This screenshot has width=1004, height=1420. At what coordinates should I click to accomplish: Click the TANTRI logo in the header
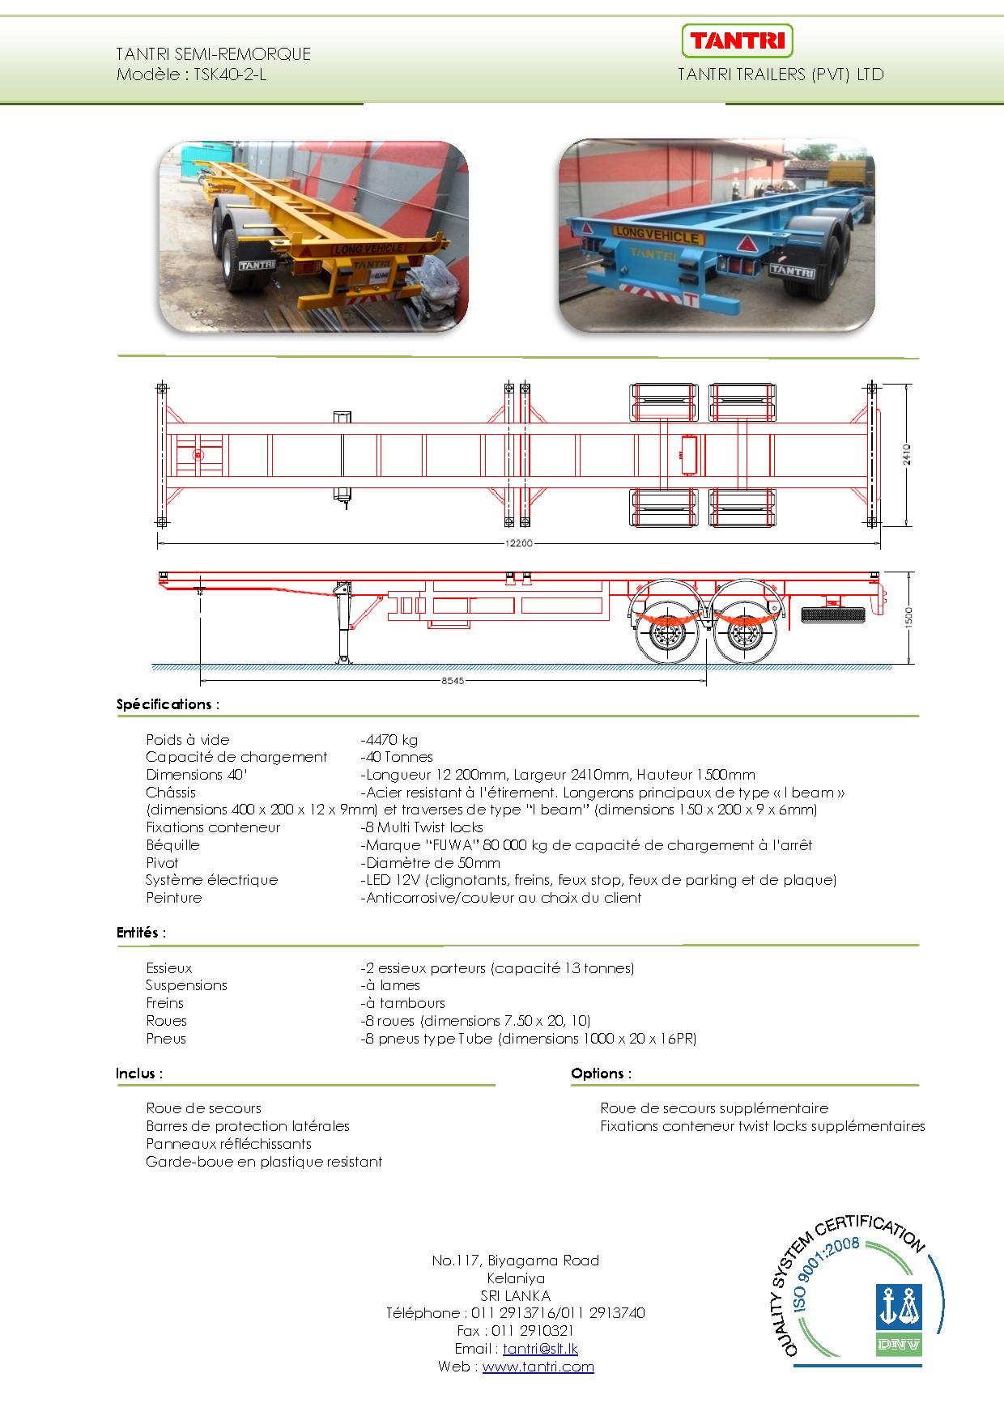tap(737, 40)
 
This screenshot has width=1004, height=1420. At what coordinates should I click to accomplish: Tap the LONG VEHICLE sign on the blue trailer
tap(656, 236)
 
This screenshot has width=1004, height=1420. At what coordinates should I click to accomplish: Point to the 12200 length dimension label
tap(518, 544)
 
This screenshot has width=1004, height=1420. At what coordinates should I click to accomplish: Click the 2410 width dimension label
tap(908, 454)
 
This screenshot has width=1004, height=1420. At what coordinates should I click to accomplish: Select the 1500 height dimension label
tap(908, 617)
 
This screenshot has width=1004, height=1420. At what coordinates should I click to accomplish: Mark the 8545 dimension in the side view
tap(453, 681)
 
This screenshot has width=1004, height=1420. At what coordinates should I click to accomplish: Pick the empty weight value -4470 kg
tap(390, 740)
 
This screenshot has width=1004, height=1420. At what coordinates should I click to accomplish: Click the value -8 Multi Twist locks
tap(422, 827)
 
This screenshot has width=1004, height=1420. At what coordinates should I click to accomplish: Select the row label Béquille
tap(172, 845)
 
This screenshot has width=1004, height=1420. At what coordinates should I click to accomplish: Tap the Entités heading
tap(141, 933)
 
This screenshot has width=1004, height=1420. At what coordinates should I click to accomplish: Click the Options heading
tap(601, 1074)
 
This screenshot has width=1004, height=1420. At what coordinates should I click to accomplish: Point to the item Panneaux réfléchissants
tap(228, 1144)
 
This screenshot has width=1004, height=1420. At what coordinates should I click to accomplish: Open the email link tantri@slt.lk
tap(540, 1349)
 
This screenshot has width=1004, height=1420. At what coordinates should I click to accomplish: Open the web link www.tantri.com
tap(538, 1367)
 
